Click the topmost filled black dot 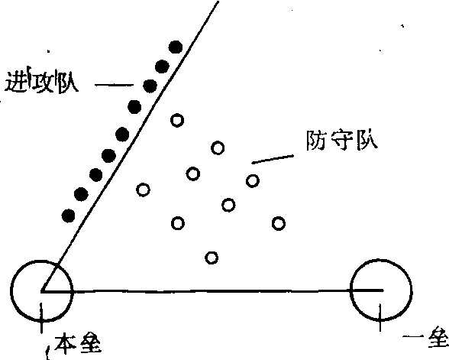(176, 47)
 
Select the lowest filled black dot (68, 216)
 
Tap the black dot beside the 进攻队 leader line (150, 86)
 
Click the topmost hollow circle (177, 120)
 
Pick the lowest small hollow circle (212, 258)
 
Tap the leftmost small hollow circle (143, 190)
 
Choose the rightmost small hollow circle (278, 223)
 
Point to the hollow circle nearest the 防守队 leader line (253, 181)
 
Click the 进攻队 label (41, 80)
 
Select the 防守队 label (342, 141)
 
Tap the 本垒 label (77, 343)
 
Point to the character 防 (315, 141)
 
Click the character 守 (341, 141)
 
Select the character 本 (65, 342)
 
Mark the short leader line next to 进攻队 (114, 85)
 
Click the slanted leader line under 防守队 (273, 159)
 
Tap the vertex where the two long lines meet (41, 292)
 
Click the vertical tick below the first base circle (380, 318)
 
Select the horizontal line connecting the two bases (212, 291)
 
